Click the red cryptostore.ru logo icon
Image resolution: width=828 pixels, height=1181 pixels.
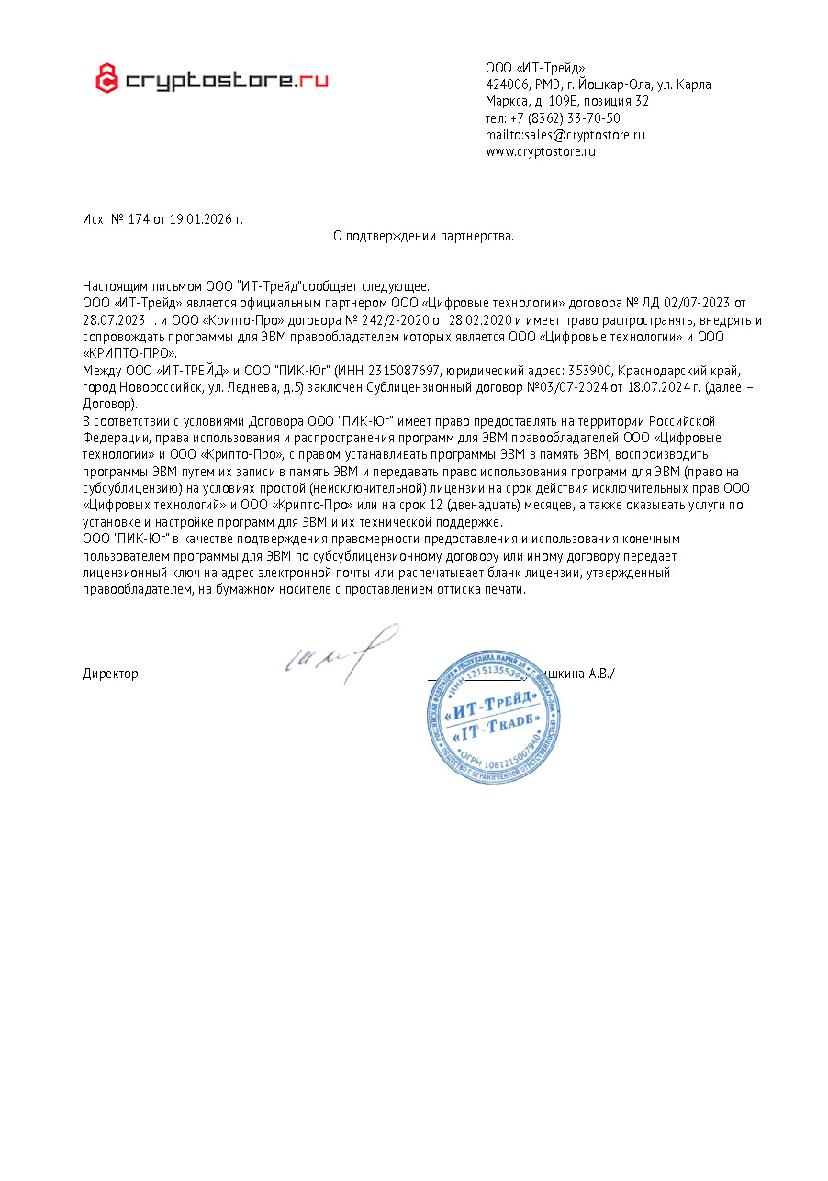(107, 79)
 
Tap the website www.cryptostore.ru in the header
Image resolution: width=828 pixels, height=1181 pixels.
(541, 151)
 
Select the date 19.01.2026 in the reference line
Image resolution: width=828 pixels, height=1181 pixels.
(199, 219)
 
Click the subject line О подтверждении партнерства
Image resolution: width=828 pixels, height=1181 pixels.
(423, 236)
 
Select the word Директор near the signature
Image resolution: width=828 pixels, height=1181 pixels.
(110, 674)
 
